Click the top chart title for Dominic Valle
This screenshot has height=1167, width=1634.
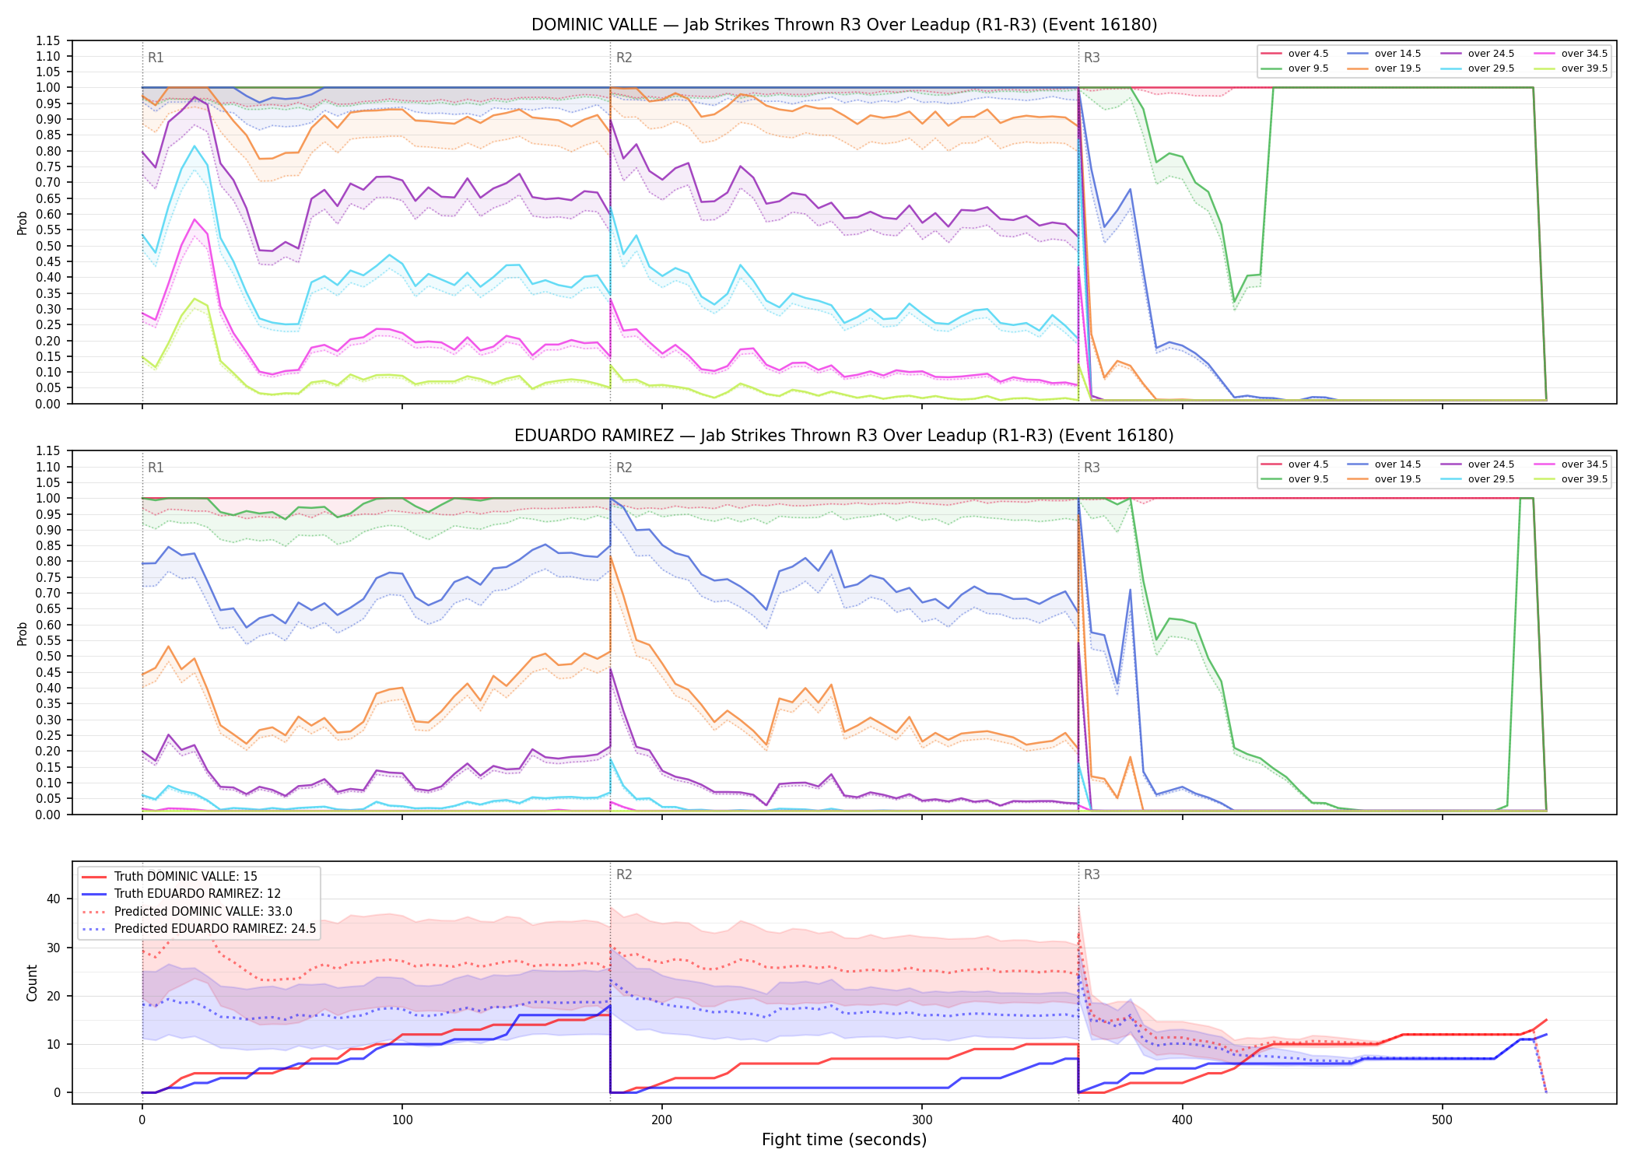click(844, 25)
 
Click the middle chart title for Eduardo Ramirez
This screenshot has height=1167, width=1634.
click(844, 436)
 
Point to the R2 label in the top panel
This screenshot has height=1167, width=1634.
click(624, 58)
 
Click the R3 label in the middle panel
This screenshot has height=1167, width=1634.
click(1092, 468)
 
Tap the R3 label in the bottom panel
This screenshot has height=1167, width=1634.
click(1092, 874)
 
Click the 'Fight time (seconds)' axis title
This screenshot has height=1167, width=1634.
click(844, 1140)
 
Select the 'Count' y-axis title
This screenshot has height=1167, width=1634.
click(32, 983)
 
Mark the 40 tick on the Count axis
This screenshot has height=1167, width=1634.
click(54, 899)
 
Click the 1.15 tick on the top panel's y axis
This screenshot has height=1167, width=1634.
click(48, 40)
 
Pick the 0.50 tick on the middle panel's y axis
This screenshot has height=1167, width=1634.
click(48, 656)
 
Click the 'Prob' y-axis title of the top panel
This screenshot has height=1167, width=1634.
click(23, 223)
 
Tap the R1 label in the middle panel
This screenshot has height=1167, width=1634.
click(156, 468)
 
